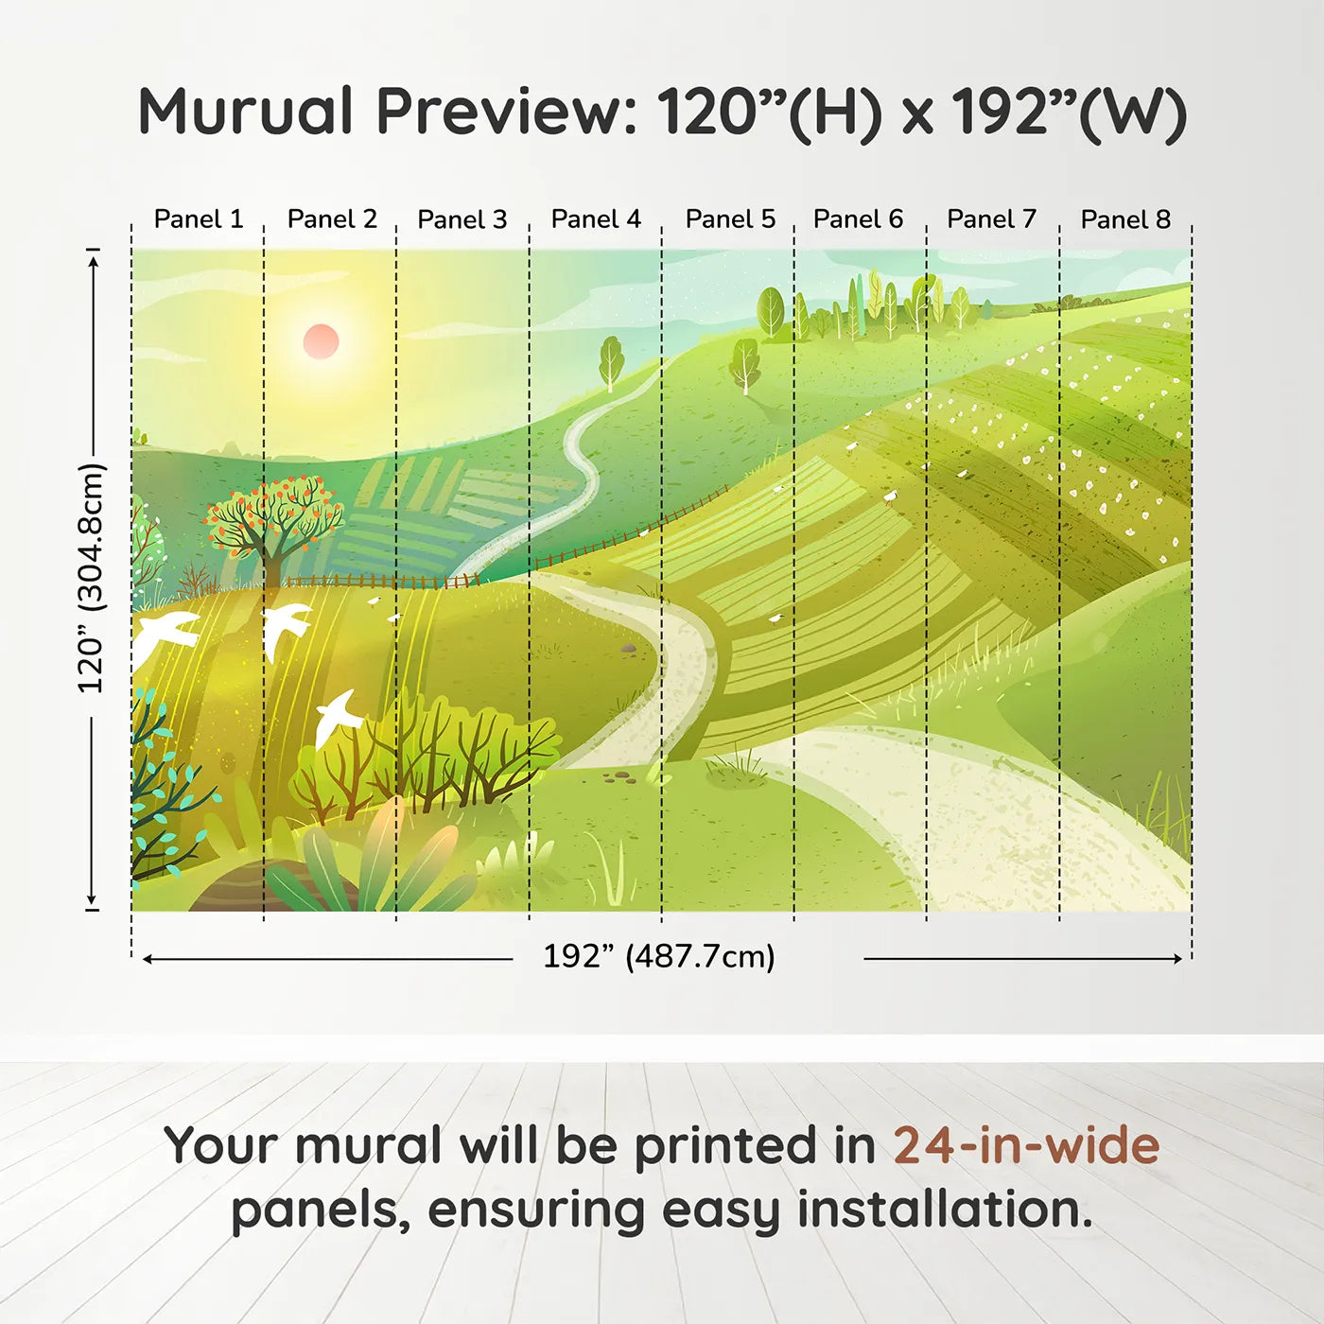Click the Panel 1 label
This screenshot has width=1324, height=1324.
(x=199, y=219)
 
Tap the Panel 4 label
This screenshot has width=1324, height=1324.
(x=596, y=219)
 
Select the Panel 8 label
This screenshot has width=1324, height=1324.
(x=1125, y=219)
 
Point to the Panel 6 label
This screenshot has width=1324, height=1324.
(x=858, y=219)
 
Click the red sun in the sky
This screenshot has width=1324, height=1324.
(x=321, y=341)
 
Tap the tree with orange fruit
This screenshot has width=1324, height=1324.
(x=275, y=526)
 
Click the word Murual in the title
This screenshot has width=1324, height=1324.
(x=246, y=111)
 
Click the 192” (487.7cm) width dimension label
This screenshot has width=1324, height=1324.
(x=659, y=956)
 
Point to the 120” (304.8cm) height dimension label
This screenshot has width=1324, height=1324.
(x=91, y=578)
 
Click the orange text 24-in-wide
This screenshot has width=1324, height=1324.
(x=1026, y=1145)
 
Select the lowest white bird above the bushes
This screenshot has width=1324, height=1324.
(x=338, y=718)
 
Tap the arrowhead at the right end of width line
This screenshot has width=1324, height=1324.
(x=1177, y=959)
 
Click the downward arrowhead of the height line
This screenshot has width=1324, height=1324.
(x=92, y=899)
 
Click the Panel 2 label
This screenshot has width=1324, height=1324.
(x=332, y=219)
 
